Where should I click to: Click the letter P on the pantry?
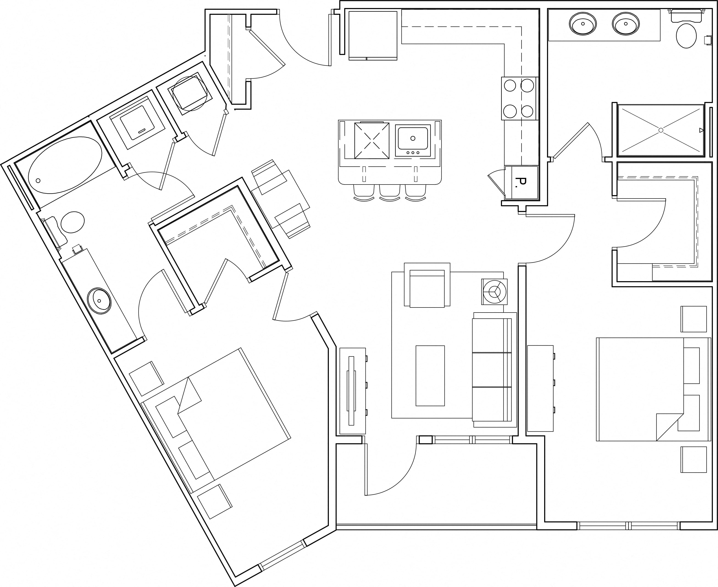521,182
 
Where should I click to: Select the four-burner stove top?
519,98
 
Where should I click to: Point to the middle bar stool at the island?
390,193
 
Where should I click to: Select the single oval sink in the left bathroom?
99,301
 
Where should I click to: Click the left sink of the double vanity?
583,24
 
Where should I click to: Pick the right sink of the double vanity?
626,24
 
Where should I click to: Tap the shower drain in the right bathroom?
661,130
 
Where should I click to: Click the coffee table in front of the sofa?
430,375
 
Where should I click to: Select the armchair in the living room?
427,285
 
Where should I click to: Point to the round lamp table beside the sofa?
495,291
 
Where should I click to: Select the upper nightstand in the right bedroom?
693,319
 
